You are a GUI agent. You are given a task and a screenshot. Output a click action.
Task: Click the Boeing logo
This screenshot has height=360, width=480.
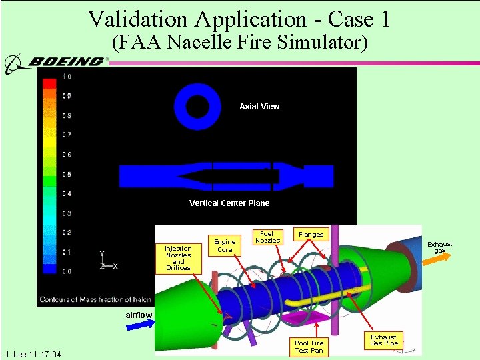coord(57,63)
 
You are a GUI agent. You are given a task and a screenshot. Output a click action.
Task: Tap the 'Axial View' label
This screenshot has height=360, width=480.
coord(259,107)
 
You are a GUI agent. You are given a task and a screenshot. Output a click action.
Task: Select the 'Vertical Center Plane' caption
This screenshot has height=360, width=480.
coord(229,203)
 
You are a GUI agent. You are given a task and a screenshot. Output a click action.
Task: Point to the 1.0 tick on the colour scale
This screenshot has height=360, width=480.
coord(67,77)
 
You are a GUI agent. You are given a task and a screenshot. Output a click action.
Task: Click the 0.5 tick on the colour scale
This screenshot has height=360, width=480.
coord(67,175)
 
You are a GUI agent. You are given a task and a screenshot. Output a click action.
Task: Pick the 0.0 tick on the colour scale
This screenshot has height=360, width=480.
coord(67,272)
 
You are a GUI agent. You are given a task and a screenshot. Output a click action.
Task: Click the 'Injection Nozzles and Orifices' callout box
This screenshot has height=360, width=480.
coord(178,258)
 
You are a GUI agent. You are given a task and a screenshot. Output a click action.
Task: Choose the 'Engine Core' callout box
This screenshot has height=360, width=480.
coord(225,246)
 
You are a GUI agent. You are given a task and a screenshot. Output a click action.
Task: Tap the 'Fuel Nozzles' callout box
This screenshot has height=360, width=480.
coord(267,237)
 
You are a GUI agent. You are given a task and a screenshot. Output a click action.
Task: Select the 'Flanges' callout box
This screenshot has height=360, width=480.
coord(311,234)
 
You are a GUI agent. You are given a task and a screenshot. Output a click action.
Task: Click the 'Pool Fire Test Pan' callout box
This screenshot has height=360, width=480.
coord(309,347)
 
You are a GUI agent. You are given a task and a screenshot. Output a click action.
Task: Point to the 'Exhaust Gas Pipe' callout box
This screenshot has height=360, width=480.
coord(384,340)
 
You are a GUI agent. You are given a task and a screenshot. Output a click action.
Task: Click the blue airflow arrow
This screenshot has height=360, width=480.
coord(141,325)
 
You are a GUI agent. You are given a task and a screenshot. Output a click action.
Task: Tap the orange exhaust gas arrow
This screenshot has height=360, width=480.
coord(435,260)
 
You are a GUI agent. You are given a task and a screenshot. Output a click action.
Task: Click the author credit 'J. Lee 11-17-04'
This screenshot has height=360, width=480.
coord(33,354)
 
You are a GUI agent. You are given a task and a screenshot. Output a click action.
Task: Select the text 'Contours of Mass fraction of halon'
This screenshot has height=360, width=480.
coord(95,299)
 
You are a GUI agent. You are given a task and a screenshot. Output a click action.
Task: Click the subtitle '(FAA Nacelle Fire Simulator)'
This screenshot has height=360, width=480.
coord(239,43)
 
